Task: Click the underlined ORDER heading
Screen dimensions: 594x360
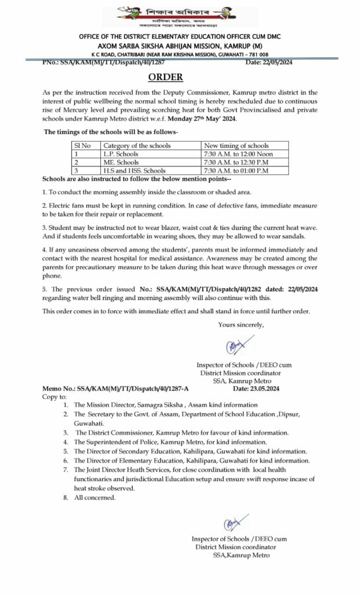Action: point(165,78)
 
